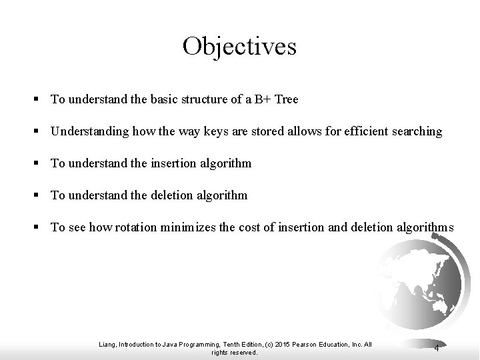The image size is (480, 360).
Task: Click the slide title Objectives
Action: point(239,46)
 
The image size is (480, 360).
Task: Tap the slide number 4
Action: point(435,348)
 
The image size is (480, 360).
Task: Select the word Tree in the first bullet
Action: point(285,99)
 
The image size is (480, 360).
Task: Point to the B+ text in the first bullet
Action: point(259,99)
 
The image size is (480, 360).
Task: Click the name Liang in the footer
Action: point(106,344)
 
